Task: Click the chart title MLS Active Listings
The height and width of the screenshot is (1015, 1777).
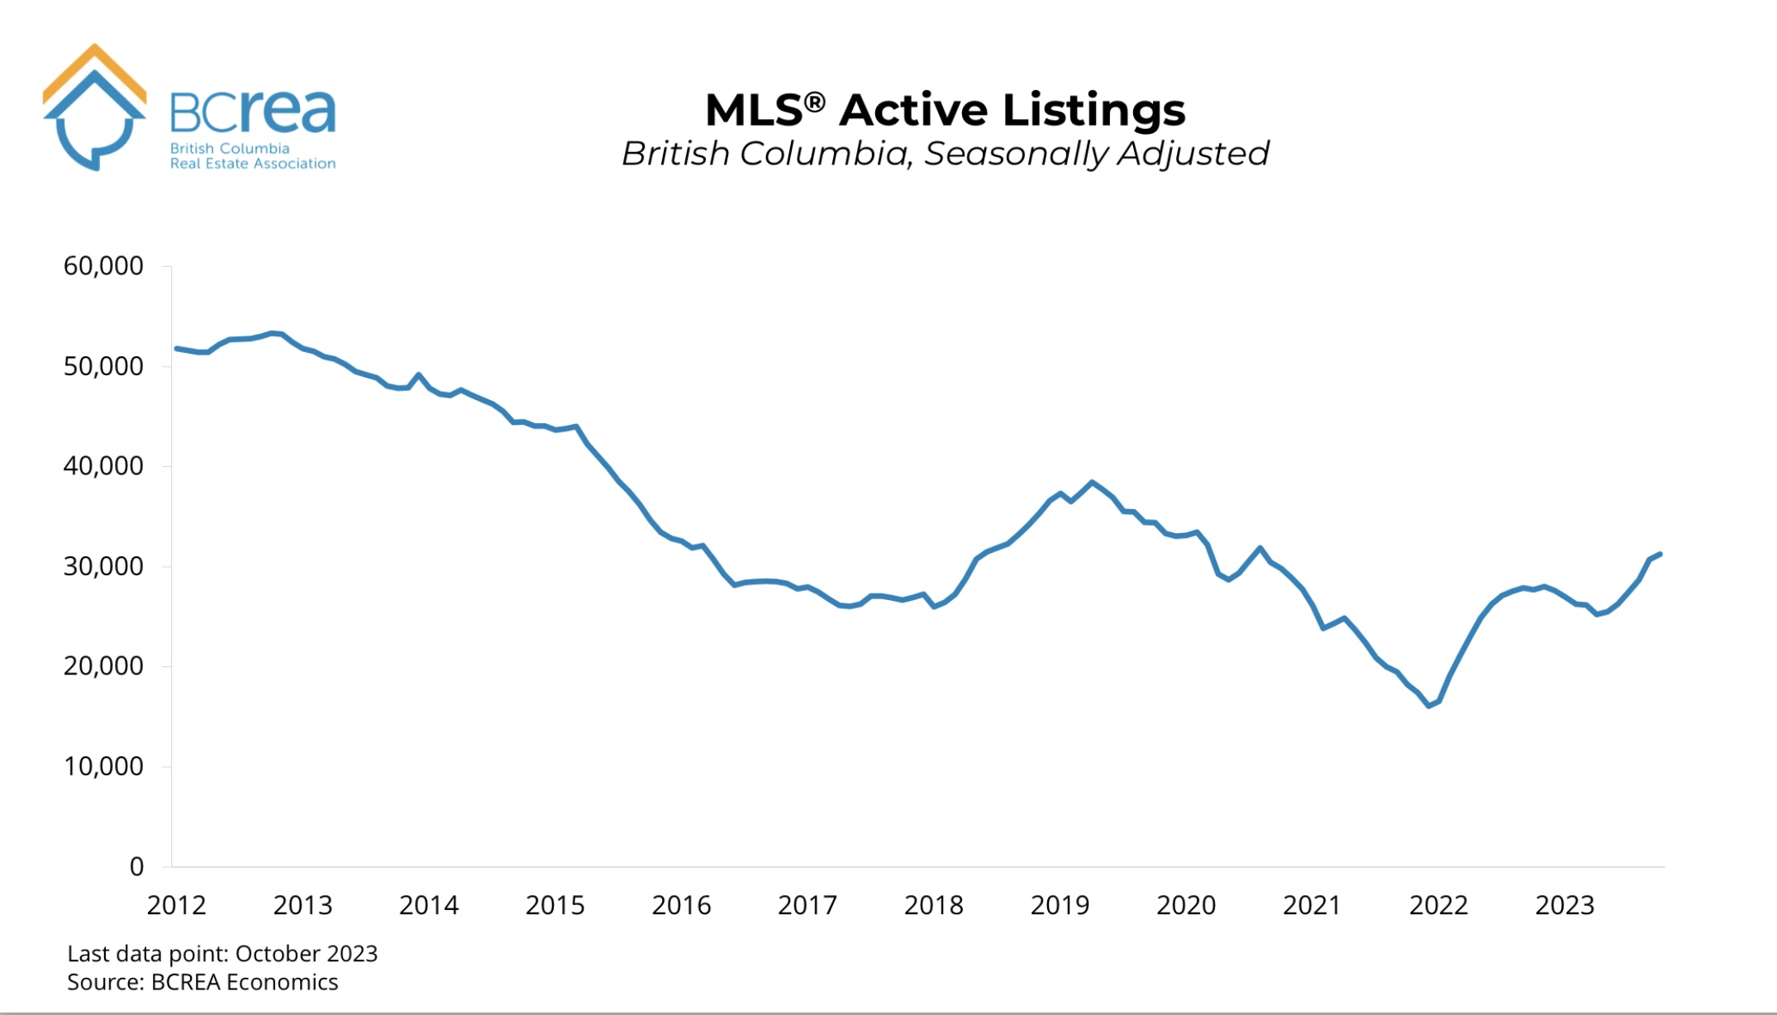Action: point(945,110)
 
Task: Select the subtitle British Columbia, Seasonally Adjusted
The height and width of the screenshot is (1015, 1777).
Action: point(945,154)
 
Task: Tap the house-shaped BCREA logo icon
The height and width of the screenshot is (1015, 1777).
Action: point(94,107)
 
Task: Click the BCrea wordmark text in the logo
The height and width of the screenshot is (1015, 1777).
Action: point(252,112)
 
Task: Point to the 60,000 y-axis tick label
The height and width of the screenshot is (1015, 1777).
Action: point(103,266)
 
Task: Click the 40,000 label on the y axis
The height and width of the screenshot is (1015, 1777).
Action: point(103,466)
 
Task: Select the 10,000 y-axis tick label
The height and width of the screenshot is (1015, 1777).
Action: point(103,766)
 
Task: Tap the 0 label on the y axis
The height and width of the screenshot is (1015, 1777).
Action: point(136,866)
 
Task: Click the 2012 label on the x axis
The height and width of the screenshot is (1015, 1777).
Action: point(176,905)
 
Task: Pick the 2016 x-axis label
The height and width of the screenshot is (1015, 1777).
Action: point(681,905)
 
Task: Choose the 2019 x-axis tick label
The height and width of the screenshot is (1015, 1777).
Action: point(1060,905)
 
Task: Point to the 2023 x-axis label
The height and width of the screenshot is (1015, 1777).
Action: point(1565,905)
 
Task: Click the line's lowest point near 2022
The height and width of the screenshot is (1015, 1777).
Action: point(1429,706)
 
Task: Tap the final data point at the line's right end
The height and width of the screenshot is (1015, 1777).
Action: point(1660,554)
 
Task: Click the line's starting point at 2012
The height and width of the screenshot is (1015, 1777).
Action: point(177,349)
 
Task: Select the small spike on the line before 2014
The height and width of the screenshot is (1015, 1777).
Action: point(418,374)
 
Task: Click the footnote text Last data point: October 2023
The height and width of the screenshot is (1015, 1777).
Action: point(222,954)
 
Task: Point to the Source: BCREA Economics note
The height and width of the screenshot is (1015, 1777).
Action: point(202,982)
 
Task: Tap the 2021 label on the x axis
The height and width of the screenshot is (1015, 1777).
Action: point(1312,905)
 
